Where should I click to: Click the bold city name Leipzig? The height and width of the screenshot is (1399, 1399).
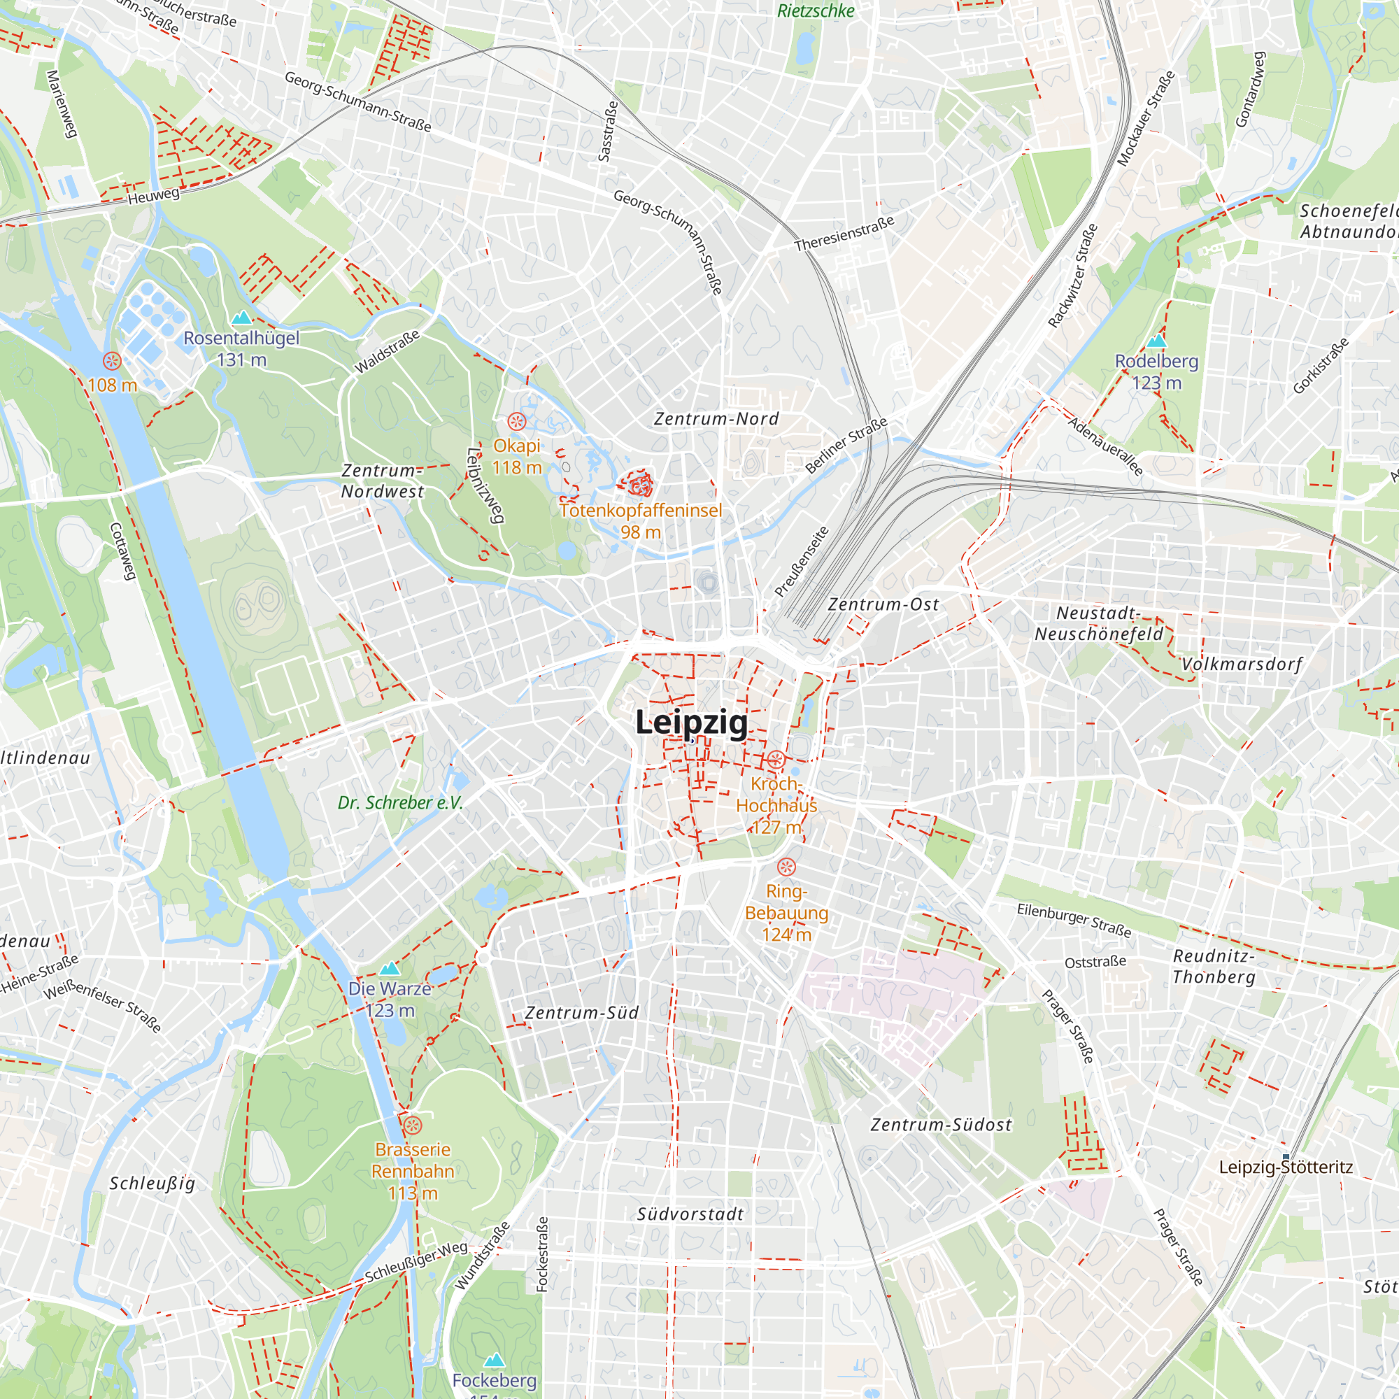click(691, 723)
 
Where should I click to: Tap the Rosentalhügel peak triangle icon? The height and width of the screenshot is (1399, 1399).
click(241, 318)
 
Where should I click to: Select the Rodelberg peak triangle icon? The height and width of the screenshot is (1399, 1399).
click(1156, 341)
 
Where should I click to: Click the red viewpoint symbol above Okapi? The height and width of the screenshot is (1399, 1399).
click(516, 420)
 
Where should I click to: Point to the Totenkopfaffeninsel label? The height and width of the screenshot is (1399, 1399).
click(641, 511)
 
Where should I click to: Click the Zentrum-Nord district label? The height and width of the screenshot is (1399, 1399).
click(716, 418)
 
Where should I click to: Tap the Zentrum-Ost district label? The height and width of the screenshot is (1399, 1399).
click(883, 604)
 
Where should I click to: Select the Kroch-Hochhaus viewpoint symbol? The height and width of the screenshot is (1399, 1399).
click(776, 760)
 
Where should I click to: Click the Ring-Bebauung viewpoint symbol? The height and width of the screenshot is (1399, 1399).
click(786, 867)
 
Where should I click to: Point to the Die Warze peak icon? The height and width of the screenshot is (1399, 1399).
click(390, 969)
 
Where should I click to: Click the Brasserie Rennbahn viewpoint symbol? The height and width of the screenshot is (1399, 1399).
click(412, 1125)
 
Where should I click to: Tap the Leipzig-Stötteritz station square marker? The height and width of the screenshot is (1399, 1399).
click(1286, 1157)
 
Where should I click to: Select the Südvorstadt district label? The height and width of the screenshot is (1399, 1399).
click(690, 1214)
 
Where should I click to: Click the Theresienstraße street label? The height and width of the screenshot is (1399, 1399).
click(844, 233)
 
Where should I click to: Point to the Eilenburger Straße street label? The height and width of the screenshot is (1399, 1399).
click(1073, 919)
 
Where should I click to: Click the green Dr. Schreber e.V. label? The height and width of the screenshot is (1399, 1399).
click(399, 802)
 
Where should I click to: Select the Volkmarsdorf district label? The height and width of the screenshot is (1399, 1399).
click(1242, 664)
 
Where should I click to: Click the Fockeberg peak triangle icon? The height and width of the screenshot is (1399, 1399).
click(494, 1359)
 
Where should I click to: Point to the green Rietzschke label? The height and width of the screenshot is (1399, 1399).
click(816, 11)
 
